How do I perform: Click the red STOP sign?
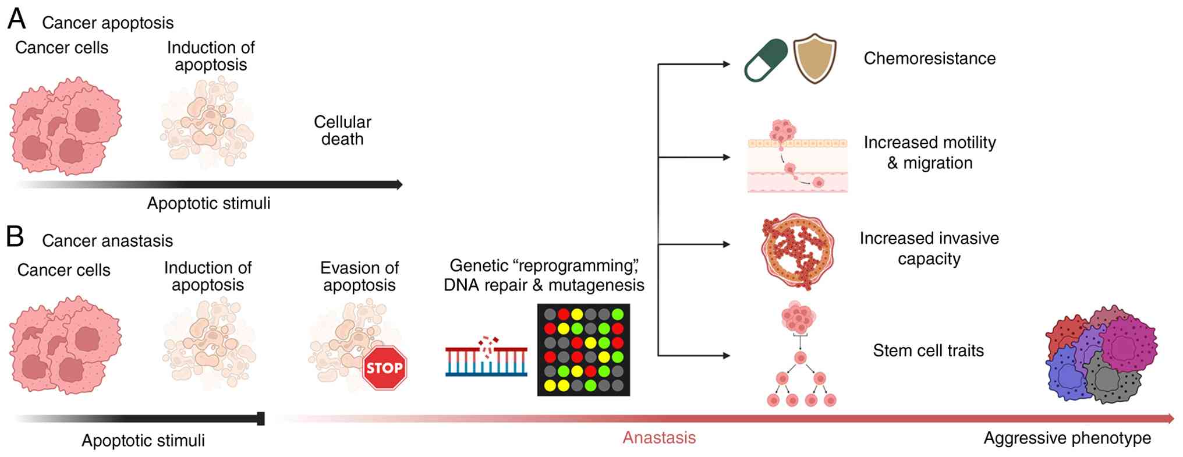[x=384, y=368]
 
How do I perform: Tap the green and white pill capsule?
[x=766, y=61]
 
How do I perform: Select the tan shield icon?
[x=814, y=58]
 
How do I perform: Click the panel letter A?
[x=16, y=19]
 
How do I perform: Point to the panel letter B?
[x=15, y=237]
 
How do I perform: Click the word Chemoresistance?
[x=929, y=58]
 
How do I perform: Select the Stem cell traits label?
[x=928, y=350]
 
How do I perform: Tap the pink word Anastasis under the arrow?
[x=659, y=438]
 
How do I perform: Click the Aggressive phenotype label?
[x=1067, y=438]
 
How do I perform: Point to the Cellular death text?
[x=342, y=130]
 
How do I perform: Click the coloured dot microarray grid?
[x=583, y=350]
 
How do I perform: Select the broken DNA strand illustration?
[x=486, y=357]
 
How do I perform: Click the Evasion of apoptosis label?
[x=359, y=276]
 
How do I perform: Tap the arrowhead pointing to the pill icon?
[x=727, y=64]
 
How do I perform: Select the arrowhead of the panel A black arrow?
[x=399, y=185]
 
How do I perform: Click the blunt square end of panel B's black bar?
[x=261, y=419]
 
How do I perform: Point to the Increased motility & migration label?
[x=930, y=153]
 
